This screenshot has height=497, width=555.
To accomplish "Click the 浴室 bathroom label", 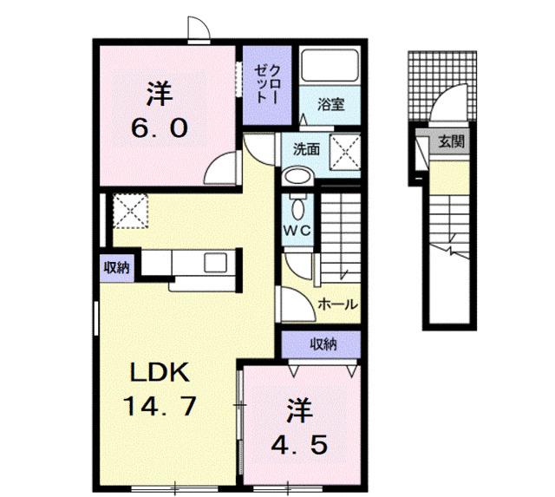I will click(x=331, y=105).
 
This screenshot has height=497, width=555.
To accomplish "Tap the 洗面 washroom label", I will click(x=305, y=148).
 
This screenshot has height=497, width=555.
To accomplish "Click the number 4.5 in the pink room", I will click(x=300, y=446).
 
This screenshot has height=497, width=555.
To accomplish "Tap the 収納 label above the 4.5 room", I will click(x=323, y=345).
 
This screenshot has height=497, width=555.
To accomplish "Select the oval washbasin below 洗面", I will click(x=297, y=176).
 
